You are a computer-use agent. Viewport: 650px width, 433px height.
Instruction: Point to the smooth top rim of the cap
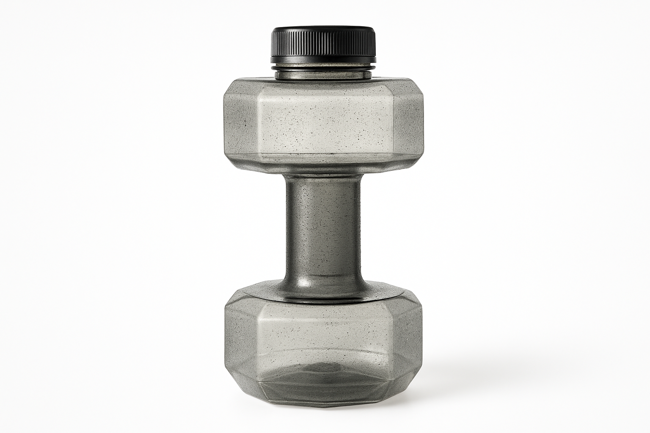pos(323,30)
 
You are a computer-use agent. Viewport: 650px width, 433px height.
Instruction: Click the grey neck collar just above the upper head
pos(323,75)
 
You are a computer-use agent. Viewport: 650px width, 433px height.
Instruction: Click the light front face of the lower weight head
pos(323,334)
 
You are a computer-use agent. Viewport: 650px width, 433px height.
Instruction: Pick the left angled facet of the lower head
pos(241,334)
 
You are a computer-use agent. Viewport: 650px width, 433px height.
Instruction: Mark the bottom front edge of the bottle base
pos(323,405)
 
